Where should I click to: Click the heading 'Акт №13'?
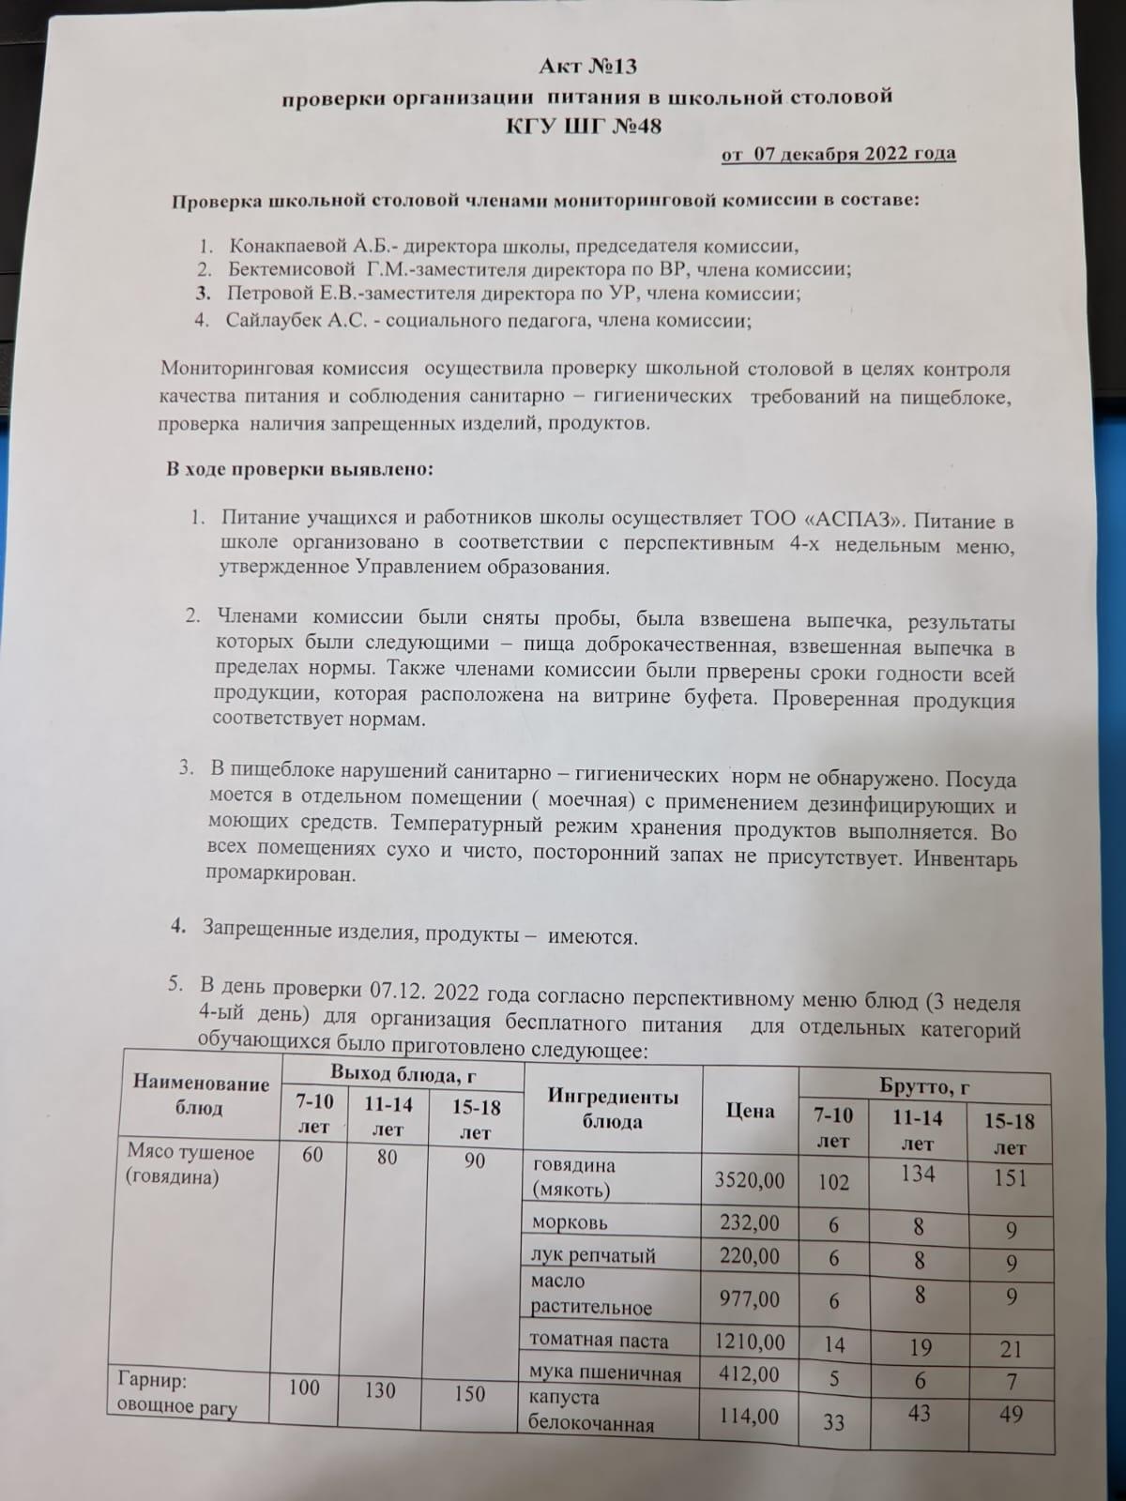(x=588, y=67)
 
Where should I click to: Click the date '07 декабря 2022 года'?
(x=854, y=154)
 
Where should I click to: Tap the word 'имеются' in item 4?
(x=592, y=936)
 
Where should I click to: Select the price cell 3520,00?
(x=749, y=1180)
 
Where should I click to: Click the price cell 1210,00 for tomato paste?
(x=749, y=1342)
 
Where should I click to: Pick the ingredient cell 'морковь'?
(x=570, y=1222)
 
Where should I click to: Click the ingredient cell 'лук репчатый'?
(x=593, y=1255)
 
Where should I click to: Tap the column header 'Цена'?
(x=750, y=1112)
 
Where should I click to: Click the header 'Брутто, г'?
(x=923, y=1087)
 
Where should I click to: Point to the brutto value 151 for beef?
(x=1010, y=1177)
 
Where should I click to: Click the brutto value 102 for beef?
(x=833, y=1182)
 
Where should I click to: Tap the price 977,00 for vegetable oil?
(x=749, y=1299)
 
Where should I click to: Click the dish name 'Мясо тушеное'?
(x=190, y=1153)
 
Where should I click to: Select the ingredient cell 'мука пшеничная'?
(x=605, y=1375)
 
